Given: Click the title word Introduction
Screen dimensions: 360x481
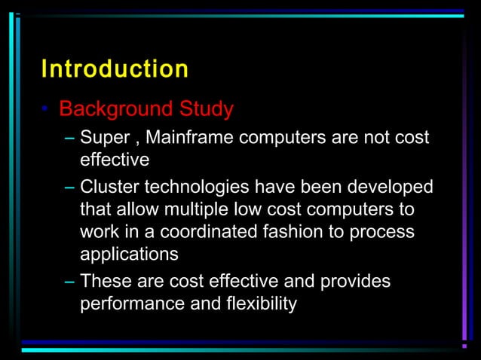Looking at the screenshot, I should pos(115,69).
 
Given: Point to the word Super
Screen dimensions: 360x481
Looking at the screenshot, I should pos(105,138).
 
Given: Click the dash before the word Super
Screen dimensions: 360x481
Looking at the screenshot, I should pos(70,138).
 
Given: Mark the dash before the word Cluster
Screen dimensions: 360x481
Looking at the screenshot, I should pos(70,186).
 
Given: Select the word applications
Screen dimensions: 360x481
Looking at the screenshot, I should pos(129,255).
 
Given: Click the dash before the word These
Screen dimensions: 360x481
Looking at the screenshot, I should pos(70,281).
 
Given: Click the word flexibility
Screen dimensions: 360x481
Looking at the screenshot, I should pos(259,304).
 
